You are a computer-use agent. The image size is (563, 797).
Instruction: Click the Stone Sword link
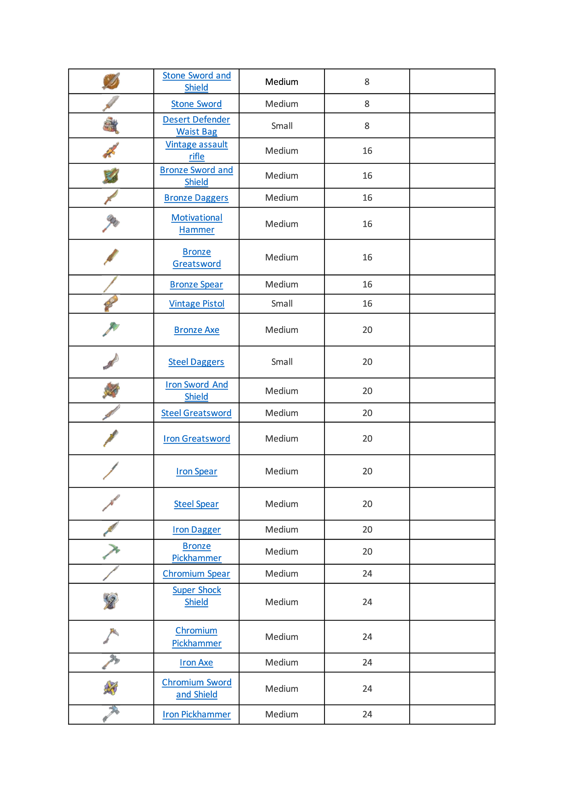(196, 104)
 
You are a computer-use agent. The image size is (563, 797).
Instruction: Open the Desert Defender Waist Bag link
(196, 125)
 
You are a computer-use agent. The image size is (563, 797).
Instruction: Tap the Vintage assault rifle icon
(111, 150)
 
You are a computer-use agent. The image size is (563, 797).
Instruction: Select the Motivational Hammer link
(196, 224)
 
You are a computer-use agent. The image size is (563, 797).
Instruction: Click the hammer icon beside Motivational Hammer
(111, 223)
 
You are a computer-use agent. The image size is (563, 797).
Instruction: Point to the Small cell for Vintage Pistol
(281, 304)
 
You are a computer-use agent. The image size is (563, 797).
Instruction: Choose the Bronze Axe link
(196, 330)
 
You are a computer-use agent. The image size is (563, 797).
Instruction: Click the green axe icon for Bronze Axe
(111, 329)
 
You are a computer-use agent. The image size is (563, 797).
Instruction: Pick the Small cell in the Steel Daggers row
(281, 362)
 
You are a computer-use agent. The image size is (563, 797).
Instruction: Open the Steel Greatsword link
(196, 413)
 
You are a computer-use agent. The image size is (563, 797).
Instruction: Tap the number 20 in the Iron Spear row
(367, 471)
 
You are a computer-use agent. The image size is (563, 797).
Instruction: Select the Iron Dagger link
(196, 530)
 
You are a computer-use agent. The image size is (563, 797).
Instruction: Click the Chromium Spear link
(196, 574)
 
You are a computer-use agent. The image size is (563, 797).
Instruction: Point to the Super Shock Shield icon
(111, 601)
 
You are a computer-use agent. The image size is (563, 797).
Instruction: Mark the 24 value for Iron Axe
(367, 663)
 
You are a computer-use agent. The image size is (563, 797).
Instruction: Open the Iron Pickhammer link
(196, 715)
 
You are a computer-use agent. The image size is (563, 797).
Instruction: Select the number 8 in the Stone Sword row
(367, 104)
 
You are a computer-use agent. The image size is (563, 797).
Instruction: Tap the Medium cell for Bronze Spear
(281, 285)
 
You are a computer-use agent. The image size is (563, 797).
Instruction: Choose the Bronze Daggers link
(196, 198)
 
